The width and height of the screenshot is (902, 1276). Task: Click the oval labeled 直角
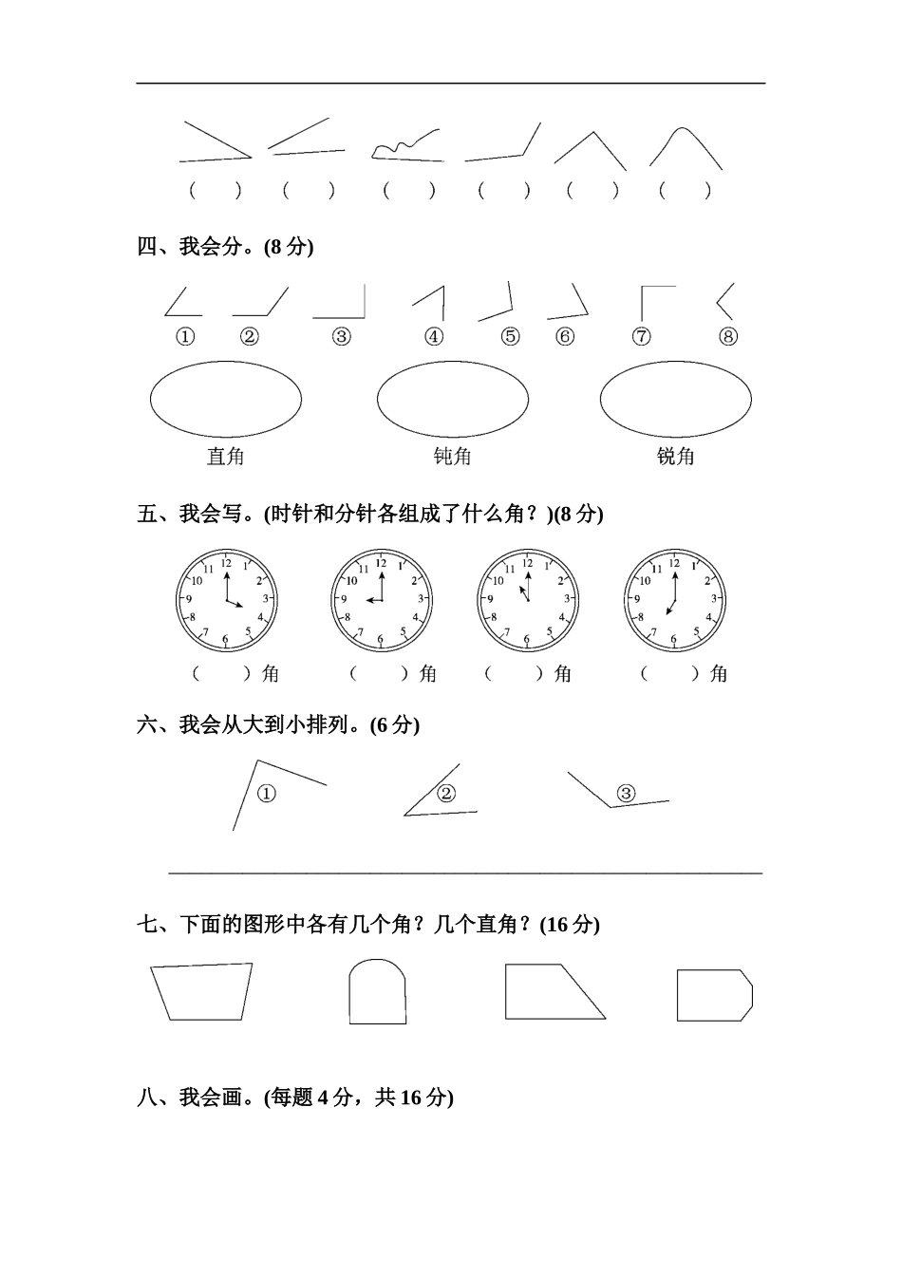pos(226,399)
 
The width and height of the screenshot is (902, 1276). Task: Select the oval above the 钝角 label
pos(452,399)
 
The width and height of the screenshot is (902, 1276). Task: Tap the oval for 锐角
pos(675,399)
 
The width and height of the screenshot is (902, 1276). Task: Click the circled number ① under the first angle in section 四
pos(185,337)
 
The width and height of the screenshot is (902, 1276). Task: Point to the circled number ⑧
pos(728,337)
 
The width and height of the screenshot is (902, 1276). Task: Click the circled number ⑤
pos(511,337)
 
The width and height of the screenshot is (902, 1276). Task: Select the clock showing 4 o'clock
pos(226,600)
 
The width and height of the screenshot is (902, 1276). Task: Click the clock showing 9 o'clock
pos(381,600)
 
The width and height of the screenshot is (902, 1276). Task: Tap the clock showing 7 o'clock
pos(674,600)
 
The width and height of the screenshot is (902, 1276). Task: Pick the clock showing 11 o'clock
pos(527,600)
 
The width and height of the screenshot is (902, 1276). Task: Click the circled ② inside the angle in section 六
pos(446,794)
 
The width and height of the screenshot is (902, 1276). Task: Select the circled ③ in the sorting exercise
pos(626,793)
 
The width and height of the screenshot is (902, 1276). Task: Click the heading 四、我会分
pos(225,247)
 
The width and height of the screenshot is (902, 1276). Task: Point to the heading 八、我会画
pos(295,1098)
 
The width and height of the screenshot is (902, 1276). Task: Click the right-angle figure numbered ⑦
pos(656,302)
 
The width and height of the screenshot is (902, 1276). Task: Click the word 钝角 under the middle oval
pos(452,457)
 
